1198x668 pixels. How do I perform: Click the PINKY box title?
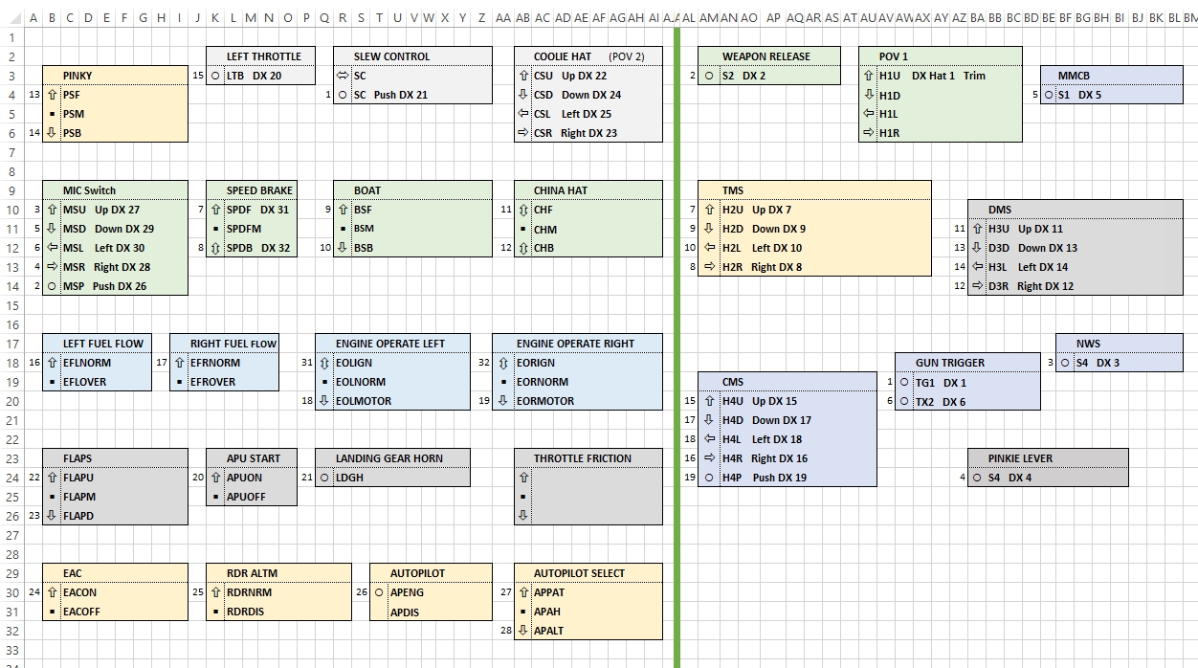click(78, 76)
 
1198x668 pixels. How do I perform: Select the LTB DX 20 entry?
click(254, 76)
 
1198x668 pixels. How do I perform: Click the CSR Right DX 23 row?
click(575, 133)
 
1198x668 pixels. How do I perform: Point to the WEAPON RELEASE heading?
click(765, 56)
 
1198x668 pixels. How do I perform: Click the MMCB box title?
click(1074, 76)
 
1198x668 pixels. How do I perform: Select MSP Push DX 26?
click(104, 286)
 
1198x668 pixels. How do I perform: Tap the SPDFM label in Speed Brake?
click(243, 229)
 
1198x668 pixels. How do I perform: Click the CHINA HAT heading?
click(560, 190)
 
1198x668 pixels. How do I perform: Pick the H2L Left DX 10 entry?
click(762, 248)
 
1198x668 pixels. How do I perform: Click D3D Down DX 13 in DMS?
click(1032, 248)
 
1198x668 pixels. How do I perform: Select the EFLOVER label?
click(84, 382)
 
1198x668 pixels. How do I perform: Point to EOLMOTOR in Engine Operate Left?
click(364, 401)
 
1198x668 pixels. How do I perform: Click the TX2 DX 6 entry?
click(941, 402)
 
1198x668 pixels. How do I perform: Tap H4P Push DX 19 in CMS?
click(764, 478)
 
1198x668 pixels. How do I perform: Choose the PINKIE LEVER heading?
click(1020, 458)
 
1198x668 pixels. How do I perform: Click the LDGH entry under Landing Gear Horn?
click(349, 478)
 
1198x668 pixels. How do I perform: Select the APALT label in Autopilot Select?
click(548, 631)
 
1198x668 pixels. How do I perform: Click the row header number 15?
click(11, 305)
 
